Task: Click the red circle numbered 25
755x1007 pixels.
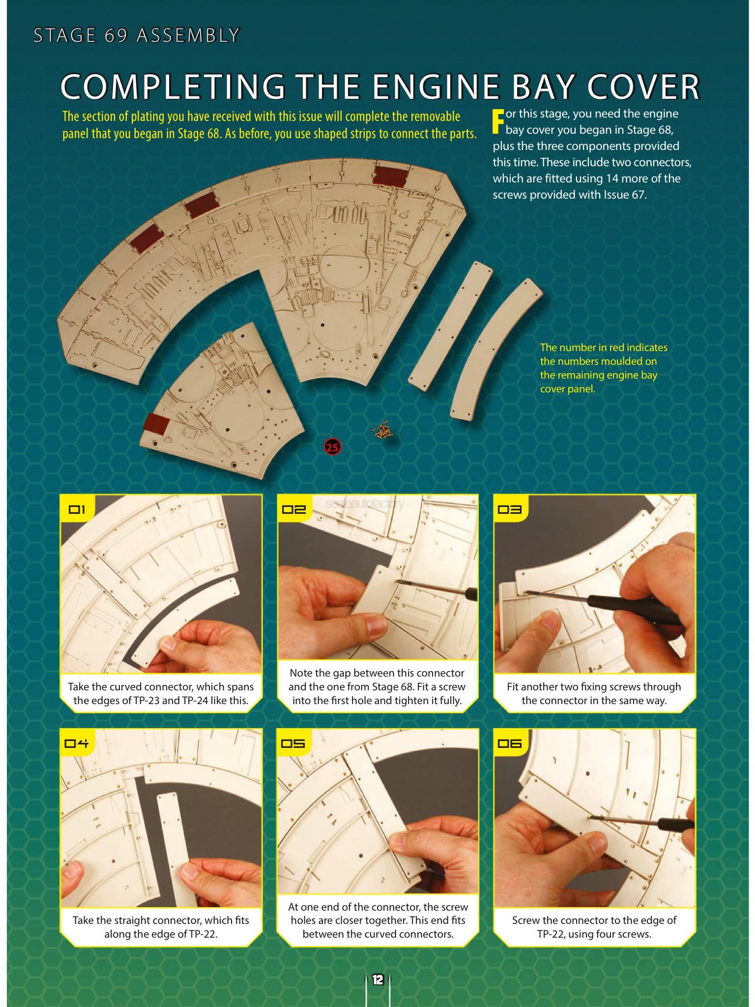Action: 332,447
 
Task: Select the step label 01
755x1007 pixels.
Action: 77,509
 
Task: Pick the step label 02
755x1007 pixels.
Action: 294,509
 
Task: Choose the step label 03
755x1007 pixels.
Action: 510,509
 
